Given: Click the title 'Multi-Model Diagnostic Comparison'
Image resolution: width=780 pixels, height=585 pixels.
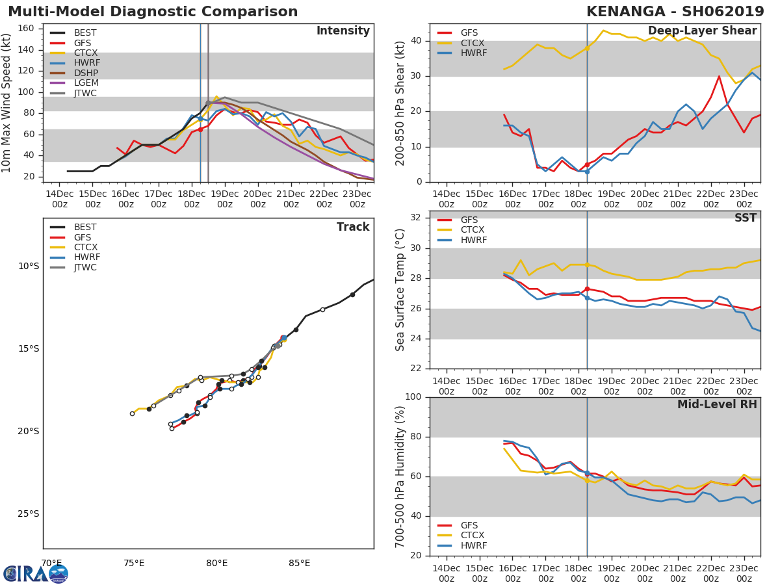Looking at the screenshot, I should pyautogui.click(x=153, y=12).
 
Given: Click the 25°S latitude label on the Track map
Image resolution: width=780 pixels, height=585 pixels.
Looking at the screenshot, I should pyautogui.click(x=28, y=513).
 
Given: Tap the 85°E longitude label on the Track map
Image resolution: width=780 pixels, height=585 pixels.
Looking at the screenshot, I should pyautogui.click(x=299, y=563).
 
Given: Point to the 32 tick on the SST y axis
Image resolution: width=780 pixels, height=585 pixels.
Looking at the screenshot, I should pyautogui.click(x=417, y=218).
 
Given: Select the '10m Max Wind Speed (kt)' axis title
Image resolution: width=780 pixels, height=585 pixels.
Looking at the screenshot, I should pyautogui.click(x=7, y=103).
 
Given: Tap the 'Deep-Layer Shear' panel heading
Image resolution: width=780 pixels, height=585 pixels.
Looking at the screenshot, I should pyautogui.click(x=702, y=31).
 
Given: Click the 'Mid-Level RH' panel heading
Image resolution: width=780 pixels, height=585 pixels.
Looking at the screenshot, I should pyautogui.click(x=717, y=405).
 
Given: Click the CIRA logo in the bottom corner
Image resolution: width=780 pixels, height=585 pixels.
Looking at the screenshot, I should pyautogui.click(x=36, y=573).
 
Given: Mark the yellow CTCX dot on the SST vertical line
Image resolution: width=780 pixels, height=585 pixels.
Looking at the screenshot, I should pyautogui.click(x=587, y=265).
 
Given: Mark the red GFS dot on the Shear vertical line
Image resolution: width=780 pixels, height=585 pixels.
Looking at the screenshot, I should pyautogui.click(x=587, y=164).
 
